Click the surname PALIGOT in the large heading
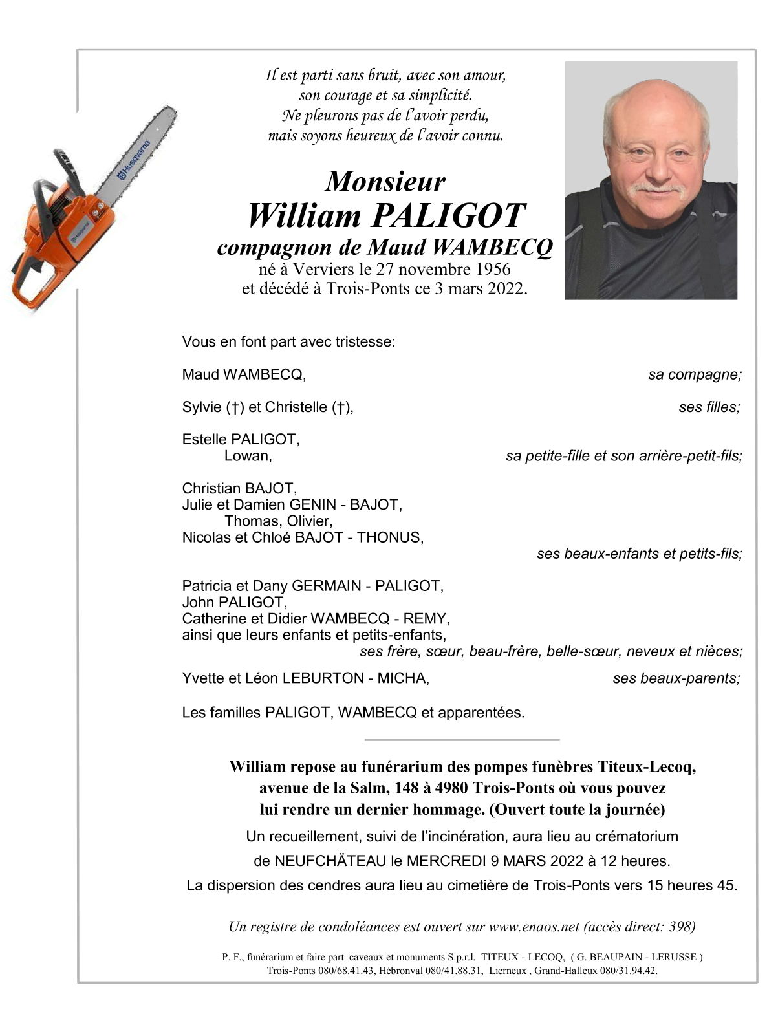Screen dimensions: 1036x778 pyautogui.click(x=446, y=216)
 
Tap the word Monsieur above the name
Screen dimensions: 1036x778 pyautogui.click(x=385, y=182)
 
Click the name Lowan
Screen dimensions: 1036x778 pyautogui.click(x=248, y=456)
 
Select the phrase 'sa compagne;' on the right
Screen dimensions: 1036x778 pyautogui.click(x=695, y=375)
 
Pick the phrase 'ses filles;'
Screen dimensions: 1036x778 pyautogui.click(x=709, y=407)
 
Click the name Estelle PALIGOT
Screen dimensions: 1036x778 pyautogui.click(x=241, y=440)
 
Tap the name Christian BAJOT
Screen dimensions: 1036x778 pyautogui.click(x=239, y=488)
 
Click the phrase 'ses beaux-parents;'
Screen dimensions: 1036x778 pyautogui.click(x=676, y=678)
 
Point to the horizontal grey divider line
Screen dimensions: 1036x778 pyautogui.click(x=462, y=739)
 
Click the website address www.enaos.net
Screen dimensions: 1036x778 pyautogui.click(x=534, y=927)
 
